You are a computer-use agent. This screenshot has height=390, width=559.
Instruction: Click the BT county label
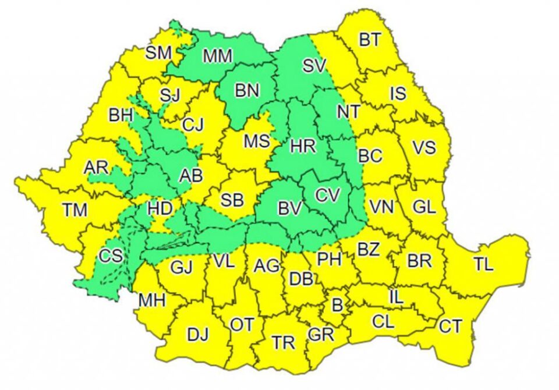click(x=369, y=40)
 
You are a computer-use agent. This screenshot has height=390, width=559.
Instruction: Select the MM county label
click(x=218, y=56)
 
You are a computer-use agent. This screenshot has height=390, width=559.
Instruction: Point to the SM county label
click(x=158, y=52)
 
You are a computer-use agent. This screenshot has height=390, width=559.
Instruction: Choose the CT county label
click(x=450, y=326)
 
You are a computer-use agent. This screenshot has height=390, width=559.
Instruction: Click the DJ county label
click(x=198, y=334)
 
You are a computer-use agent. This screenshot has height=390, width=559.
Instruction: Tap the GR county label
click(x=320, y=334)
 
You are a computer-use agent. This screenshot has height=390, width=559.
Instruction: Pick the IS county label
click(x=398, y=94)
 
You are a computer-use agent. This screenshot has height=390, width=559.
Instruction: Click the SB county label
click(x=232, y=200)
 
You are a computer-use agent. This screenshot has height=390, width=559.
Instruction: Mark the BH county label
click(x=121, y=115)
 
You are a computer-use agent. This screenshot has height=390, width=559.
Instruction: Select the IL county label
click(x=395, y=297)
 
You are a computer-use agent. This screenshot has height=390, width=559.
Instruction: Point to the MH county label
click(x=151, y=300)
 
